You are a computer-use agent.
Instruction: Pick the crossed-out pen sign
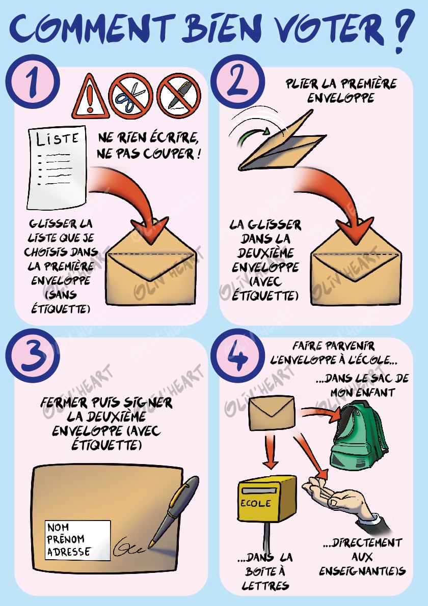point(178,96)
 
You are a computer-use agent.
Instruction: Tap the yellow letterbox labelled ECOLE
point(266,501)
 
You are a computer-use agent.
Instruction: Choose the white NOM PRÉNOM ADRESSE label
point(77,539)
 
